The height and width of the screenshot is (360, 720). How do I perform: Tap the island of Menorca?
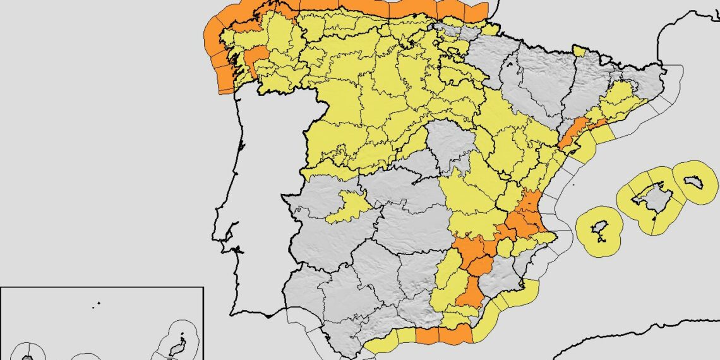(x=695, y=182)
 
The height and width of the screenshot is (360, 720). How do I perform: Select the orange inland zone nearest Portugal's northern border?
(x=256, y=60)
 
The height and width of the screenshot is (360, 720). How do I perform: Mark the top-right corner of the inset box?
(x=203, y=287)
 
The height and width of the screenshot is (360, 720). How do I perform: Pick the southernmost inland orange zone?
(x=470, y=292)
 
